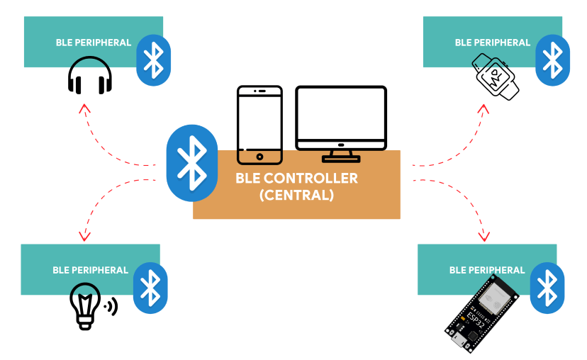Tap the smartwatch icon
click(496, 77)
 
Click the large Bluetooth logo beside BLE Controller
click(191, 163)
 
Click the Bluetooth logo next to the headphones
click(154, 60)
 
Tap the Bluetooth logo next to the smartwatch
click(552, 60)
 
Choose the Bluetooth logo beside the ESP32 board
click(548, 288)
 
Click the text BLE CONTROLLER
click(296, 178)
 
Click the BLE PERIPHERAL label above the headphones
click(94, 43)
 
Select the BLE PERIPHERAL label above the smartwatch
click(493, 43)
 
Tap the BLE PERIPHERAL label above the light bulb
click(90, 270)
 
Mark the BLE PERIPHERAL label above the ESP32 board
click(488, 270)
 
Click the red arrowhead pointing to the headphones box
click(85, 108)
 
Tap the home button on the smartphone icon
click(259, 156)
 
